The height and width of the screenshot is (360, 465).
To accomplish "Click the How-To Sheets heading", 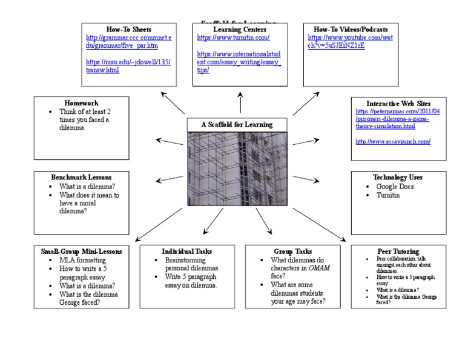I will (128, 29).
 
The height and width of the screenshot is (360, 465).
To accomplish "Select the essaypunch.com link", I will (392, 141).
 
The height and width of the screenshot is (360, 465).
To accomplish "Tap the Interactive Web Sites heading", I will (397, 104).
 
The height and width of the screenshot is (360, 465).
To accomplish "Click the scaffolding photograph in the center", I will (237, 168).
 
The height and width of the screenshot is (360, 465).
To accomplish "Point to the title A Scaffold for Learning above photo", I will (237, 125).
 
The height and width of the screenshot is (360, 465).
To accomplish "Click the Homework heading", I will (81, 103).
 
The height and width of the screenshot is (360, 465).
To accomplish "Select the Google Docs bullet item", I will (395, 187).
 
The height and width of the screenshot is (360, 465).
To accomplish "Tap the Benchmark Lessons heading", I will (81, 177).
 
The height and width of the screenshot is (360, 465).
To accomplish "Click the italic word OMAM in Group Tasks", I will (319, 268).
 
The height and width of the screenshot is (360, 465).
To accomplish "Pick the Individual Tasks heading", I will (186, 251).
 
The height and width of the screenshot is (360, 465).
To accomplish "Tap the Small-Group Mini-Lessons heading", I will (81, 251).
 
